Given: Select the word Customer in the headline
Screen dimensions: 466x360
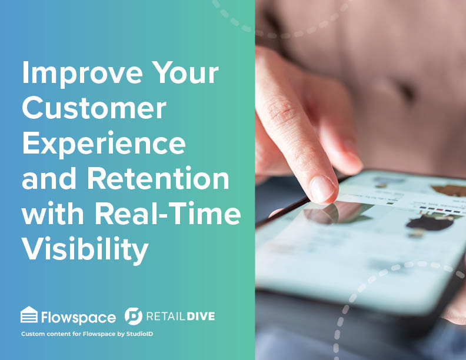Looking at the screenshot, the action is [x=94, y=108].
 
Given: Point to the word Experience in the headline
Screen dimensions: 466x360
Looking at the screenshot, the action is [x=104, y=144].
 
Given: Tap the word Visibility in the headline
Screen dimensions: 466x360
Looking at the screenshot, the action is [x=85, y=249].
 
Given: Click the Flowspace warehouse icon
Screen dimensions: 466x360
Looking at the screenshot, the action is [x=29, y=315].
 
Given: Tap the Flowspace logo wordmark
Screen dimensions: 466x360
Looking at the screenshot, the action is [x=78, y=317].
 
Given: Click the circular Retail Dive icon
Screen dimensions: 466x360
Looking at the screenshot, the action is [x=134, y=316].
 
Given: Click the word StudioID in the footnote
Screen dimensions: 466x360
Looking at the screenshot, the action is [x=139, y=334].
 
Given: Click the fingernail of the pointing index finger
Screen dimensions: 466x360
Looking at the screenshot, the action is [x=322, y=188].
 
